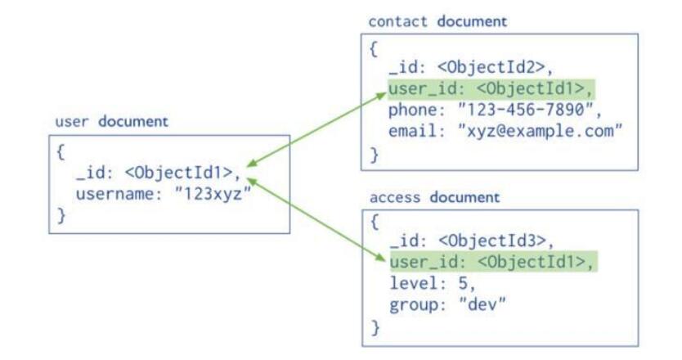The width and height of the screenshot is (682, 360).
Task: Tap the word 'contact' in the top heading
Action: coord(399,21)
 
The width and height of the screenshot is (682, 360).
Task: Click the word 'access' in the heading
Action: coord(396,197)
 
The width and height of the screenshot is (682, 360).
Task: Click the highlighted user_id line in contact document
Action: coord(491,88)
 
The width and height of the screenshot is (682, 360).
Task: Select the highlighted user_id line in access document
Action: coord(491,262)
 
